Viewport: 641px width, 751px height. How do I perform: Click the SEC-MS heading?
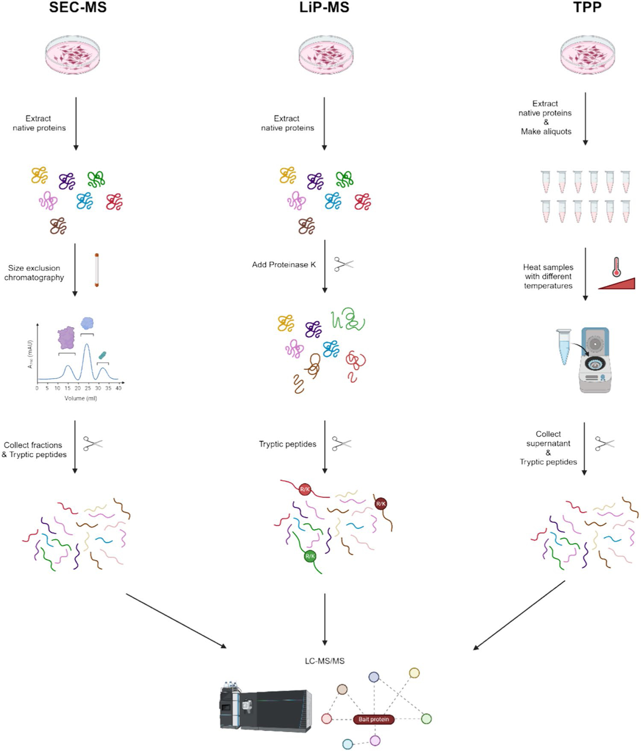pyautogui.click(x=78, y=7)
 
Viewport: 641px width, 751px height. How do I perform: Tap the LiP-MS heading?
pyautogui.click(x=324, y=7)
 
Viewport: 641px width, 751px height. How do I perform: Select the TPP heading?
pyautogui.click(x=587, y=7)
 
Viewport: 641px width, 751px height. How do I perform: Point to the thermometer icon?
pyautogui.click(x=616, y=267)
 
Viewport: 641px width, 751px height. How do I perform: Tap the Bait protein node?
pyautogui.click(x=374, y=719)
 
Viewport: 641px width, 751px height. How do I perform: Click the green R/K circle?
pyautogui.click(x=310, y=556)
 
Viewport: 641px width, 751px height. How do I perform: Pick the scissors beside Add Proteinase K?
pyautogui.click(x=344, y=264)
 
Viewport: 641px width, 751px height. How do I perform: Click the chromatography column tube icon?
pyautogui.click(x=97, y=270)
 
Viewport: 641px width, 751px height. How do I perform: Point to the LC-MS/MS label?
pyautogui.click(x=324, y=661)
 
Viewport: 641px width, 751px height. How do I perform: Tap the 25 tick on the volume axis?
pyautogui.click(x=88, y=388)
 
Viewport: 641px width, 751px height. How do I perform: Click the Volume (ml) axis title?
pyautogui.click(x=81, y=398)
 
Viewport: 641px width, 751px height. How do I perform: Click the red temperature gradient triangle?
pyautogui.click(x=617, y=284)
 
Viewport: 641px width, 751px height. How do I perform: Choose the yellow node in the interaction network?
pyautogui.click(x=414, y=673)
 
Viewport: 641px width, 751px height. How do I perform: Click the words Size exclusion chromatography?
pyautogui.click(x=34, y=273)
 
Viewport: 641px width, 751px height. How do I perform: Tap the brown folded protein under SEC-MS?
pyautogui.click(x=58, y=226)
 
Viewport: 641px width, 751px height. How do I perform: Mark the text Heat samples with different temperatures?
pyautogui.click(x=548, y=277)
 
